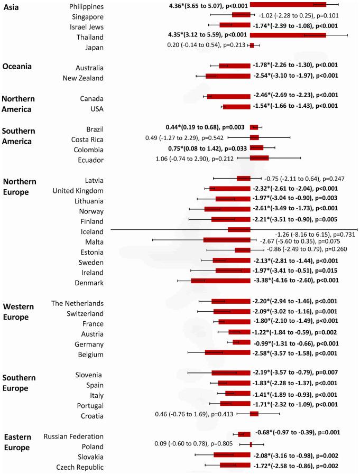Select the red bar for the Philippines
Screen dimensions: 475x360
pos(288,5)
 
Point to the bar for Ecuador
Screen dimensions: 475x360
pos(259,157)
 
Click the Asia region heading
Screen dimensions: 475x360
pos(12,6)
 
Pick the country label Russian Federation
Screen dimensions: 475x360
pos(73,436)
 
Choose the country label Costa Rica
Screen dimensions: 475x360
pos(87,139)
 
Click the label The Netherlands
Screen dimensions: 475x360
pos(77,303)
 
